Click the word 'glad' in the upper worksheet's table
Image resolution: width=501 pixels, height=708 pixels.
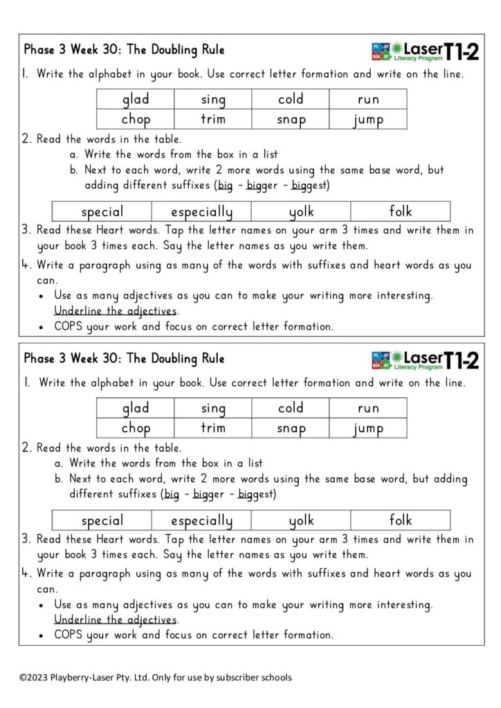pos(136,100)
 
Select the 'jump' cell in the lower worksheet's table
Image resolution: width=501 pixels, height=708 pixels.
pos(368,429)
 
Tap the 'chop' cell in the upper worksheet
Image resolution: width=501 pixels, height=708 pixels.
pos(136,120)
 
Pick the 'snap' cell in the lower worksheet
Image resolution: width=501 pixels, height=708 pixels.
pos(291,429)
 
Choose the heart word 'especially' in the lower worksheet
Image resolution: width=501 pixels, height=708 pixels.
pos(201,521)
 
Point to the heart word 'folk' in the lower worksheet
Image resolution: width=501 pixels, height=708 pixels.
pos(401,520)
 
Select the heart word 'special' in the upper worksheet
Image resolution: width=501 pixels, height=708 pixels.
pos(102,212)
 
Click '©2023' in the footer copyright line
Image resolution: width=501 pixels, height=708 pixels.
pos(34,678)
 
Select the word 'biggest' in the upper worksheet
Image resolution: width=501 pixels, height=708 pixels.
pos(310,185)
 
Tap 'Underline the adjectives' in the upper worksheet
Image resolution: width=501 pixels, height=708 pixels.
pos(116,310)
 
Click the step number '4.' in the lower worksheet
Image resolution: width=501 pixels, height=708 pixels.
pos(28,573)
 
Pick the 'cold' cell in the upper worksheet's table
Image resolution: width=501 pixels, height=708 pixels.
pos(291,100)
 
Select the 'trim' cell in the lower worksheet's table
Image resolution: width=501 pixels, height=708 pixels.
pos(213,429)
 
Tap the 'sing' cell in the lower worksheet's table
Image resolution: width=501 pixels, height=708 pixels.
pos(213,409)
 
